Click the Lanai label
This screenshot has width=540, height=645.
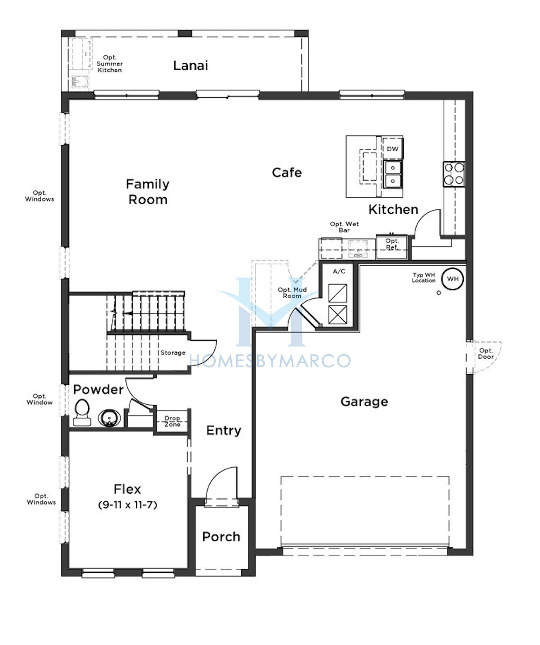[190, 65]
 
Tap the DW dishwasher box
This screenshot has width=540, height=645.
[392, 149]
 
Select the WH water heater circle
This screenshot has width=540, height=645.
[453, 279]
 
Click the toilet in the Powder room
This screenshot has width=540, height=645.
[82, 413]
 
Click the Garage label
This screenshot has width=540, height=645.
[364, 402]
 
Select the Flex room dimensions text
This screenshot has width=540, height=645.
[128, 505]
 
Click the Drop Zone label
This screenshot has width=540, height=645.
[172, 422]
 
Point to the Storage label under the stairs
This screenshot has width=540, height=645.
[173, 353]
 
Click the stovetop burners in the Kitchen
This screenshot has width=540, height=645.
[454, 174]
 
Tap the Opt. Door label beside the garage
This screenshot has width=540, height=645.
[486, 354]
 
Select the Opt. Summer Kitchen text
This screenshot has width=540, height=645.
[110, 64]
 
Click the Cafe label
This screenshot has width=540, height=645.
[286, 173]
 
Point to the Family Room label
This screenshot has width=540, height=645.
[148, 192]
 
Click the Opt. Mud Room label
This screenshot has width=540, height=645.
[292, 293]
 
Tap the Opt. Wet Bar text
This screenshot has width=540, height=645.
[344, 227]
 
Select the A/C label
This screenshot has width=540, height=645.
[339, 272]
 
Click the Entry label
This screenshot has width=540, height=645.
[224, 430]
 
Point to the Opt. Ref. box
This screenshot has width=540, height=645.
[392, 247]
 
